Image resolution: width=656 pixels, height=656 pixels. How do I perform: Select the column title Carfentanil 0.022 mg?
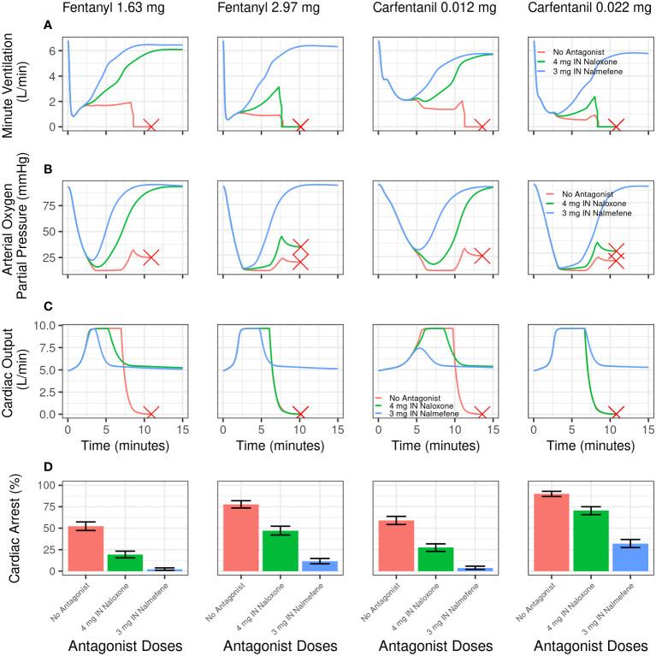tap(588, 10)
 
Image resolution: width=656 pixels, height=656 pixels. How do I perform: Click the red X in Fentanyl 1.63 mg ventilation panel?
tap(151, 126)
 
